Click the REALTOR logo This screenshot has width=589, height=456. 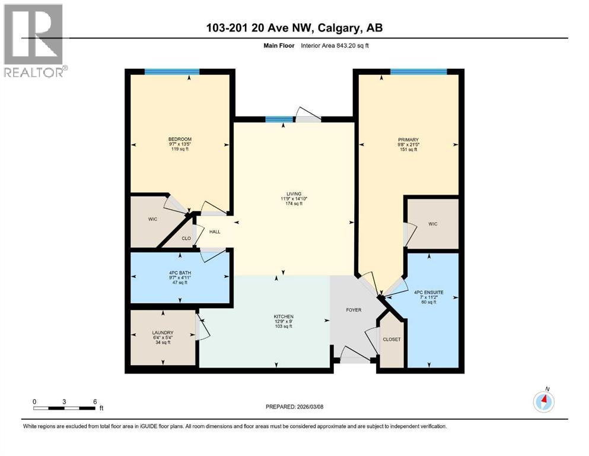tap(34, 40)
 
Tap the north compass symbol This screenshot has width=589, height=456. tap(543, 402)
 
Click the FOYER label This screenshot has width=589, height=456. tap(354, 310)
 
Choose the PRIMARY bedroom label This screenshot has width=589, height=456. tap(408, 140)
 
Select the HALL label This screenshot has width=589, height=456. tap(214, 232)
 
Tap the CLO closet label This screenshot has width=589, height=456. tap(186, 238)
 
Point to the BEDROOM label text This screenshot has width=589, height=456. tap(179, 140)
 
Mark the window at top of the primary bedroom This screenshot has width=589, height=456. tap(418, 72)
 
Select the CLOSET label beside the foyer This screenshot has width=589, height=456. tap(391, 340)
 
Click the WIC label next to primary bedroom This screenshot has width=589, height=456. tap(432, 224)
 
